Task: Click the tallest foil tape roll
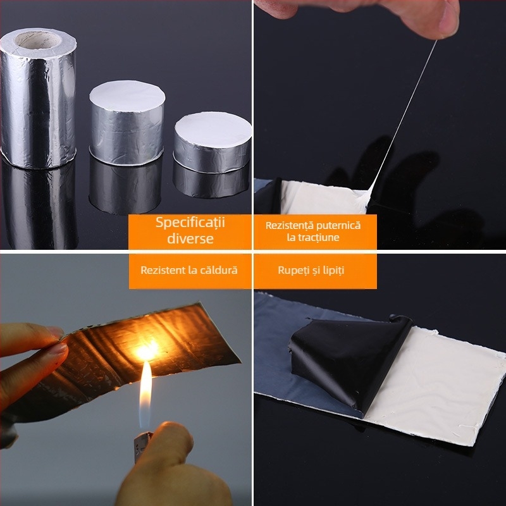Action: pyautogui.click(x=38, y=99)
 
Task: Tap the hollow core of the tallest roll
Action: pyautogui.click(x=38, y=40)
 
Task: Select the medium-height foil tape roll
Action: pyautogui.click(x=127, y=123)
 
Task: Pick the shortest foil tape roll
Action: pyautogui.click(x=213, y=142)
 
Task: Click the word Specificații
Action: pyautogui.click(x=190, y=223)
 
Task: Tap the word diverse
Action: pyautogui.click(x=190, y=238)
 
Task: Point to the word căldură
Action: pyautogui.click(x=219, y=270)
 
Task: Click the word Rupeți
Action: pyautogui.click(x=290, y=271)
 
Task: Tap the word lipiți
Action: pyautogui.click(x=333, y=271)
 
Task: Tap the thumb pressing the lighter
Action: pyautogui.click(x=168, y=450)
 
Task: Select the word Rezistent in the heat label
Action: pyautogui.click(x=163, y=270)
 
